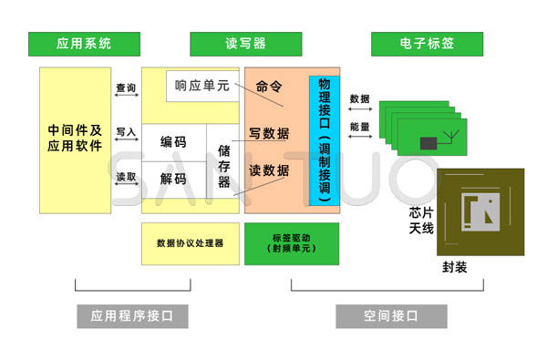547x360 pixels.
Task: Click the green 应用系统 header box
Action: pos(84,43)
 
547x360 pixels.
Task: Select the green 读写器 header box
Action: pos(245,43)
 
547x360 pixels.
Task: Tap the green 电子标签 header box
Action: pos(427,43)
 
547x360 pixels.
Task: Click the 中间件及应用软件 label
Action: pos(75,138)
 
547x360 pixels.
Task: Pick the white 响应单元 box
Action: pos(201,87)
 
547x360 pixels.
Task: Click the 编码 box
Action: pos(173,142)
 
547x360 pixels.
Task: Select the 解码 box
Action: pos(173,179)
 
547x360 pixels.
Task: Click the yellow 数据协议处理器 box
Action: pos(190,243)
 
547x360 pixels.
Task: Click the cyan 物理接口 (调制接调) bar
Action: pos(325,136)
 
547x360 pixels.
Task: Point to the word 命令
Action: pos(270,87)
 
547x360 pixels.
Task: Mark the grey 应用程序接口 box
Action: pos(132,316)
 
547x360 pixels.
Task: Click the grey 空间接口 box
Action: pos(391,316)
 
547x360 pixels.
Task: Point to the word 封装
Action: pos(454,267)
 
